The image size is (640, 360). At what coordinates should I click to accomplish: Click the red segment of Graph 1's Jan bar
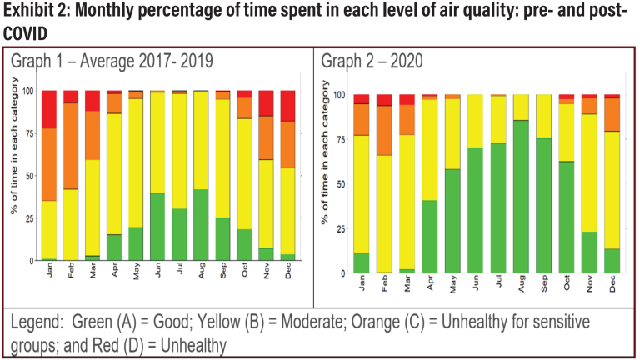pyautogui.click(x=49, y=109)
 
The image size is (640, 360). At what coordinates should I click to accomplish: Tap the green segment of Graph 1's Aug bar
pyautogui.click(x=201, y=225)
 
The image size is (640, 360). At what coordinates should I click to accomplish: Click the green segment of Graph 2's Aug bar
pyautogui.click(x=521, y=197)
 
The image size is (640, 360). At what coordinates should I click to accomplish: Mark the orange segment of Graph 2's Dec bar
pyautogui.click(x=612, y=114)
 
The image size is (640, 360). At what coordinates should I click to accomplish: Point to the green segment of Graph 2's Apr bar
pyautogui.click(x=430, y=237)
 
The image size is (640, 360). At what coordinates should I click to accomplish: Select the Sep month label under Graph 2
pyautogui.click(x=544, y=286)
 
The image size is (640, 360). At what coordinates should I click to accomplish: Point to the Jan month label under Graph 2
pyautogui.click(x=362, y=286)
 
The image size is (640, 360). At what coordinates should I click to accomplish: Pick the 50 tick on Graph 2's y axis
pyautogui.click(x=338, y=184)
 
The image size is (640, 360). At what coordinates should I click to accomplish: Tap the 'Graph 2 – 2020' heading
pyautogui.click(x=372, y=62)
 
